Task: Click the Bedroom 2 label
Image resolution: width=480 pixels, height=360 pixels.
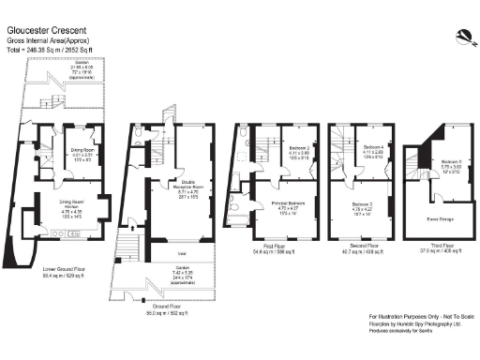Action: point(299,148)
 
